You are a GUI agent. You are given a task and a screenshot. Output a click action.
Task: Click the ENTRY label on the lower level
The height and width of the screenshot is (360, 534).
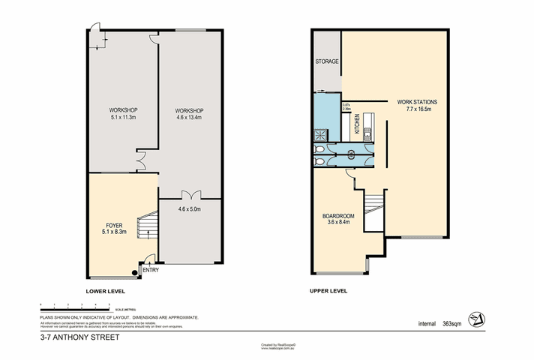[150, 270]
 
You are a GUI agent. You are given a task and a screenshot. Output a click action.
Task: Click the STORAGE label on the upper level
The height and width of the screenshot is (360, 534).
[327, 61]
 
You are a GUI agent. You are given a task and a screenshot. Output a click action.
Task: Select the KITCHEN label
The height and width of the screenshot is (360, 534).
[358, 122]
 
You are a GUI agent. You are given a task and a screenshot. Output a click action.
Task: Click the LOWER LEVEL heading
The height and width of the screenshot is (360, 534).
[104, 291]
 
